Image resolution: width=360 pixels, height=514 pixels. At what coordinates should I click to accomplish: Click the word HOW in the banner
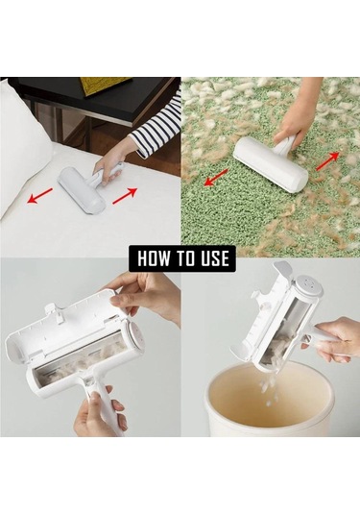153,258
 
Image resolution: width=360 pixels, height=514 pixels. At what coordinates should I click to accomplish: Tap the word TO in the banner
184,258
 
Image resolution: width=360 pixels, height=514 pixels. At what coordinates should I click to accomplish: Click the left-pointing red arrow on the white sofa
39,196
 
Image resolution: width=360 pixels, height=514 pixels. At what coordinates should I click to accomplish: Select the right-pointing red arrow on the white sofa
125,196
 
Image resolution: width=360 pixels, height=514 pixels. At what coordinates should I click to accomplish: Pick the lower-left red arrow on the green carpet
216,178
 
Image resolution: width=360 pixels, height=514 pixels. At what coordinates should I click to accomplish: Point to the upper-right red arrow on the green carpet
327,161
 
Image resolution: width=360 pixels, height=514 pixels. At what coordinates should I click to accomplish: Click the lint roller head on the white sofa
82,190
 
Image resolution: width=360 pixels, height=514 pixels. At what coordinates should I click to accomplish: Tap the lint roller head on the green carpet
271,165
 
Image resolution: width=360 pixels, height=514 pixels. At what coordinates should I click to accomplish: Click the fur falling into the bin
270,390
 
